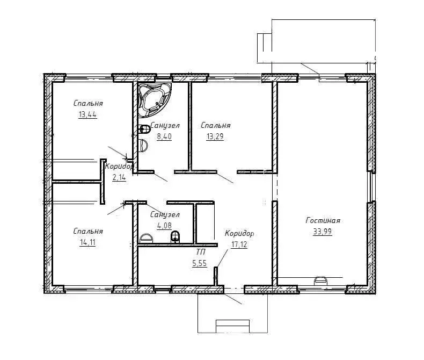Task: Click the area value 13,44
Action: point(87,115)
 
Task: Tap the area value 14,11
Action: point(87,242)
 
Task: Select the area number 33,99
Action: point(323,232)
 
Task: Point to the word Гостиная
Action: point(323,220)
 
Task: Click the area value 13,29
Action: point(215,136)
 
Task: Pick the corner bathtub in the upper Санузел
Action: point(154,100)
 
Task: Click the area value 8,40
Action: point(164,136)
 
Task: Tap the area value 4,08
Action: point(164,226)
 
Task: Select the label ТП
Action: point(201,252)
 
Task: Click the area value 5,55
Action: point(200,263)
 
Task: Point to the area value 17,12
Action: point(239,244)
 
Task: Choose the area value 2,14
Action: point(119,177)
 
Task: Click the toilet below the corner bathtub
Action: point(144,129)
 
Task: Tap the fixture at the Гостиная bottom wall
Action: point(320,280)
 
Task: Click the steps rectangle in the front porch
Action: point(232,326)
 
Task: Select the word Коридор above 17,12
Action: point(239,233)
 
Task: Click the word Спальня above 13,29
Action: point(216,125)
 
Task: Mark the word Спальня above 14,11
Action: point(88,231)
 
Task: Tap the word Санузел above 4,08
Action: point(165,214)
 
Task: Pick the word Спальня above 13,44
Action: point(88,103)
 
